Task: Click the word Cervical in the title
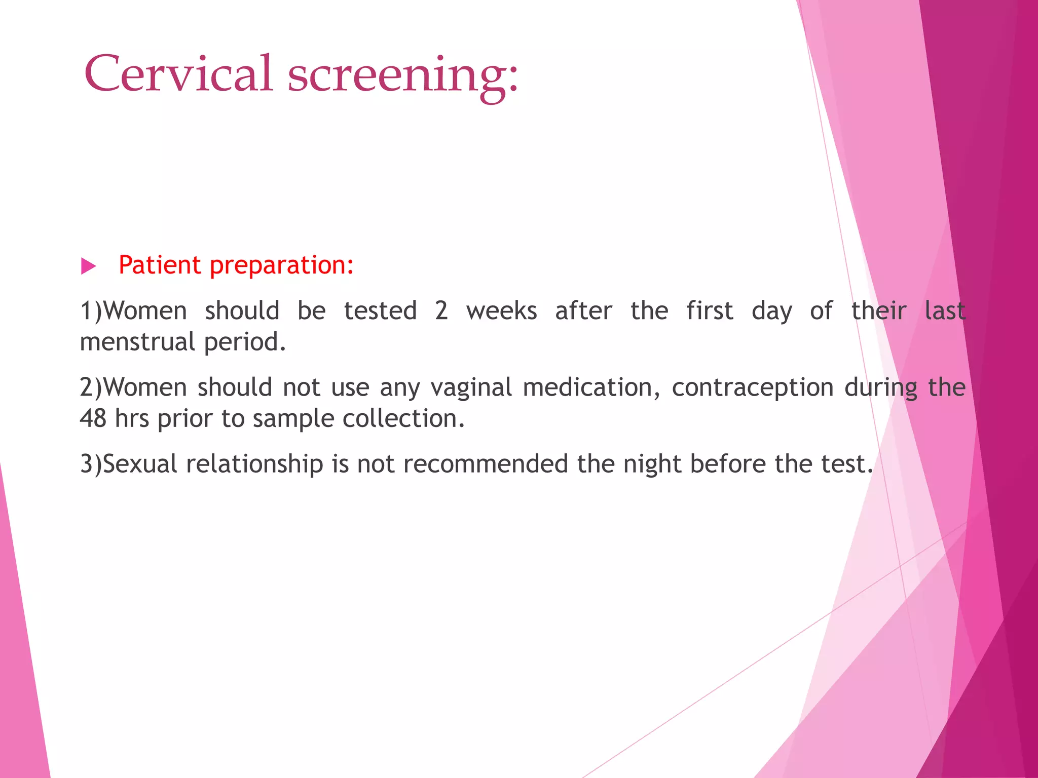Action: point(178,74)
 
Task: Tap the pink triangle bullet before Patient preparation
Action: point(89,266)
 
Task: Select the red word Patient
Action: point(160,265)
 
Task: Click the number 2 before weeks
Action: point(441,311)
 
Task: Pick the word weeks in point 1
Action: point(502,311)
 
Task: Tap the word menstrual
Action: point(138,342)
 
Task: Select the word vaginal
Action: point(471,388)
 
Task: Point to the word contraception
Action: point(753,388)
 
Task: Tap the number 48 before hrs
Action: point(93,419)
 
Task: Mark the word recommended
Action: point(486,464)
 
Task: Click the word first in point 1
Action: point(710,311)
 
